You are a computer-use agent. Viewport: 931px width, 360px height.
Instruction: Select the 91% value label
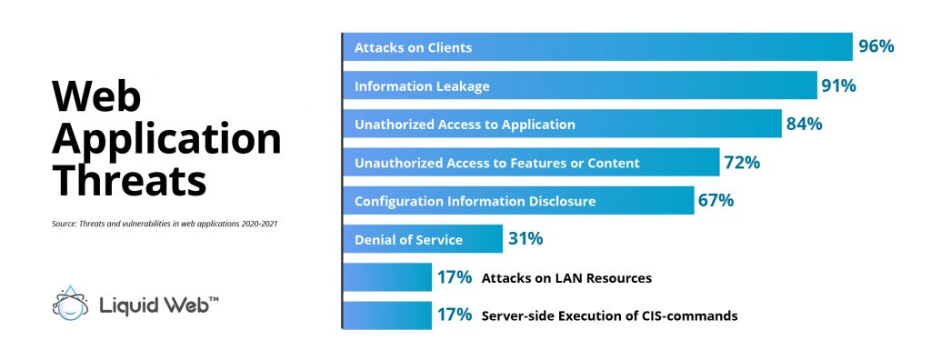click(838, 85)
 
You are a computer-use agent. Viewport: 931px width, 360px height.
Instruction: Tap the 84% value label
click(804, 124)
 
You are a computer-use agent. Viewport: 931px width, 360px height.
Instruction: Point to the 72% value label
click(741, 163)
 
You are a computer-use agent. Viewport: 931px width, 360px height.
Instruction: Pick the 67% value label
click(716, 201)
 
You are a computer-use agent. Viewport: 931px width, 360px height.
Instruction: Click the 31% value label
click(525, 239)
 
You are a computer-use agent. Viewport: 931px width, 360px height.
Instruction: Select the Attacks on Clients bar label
click(413, 47)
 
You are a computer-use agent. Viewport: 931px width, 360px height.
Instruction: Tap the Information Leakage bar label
click(422, 86)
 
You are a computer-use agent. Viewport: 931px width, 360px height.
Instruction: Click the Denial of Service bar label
click(408, 240)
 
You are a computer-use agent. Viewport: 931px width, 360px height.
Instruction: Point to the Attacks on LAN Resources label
click(566, 278)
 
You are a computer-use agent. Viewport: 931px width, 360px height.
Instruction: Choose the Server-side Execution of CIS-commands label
click(609, 316)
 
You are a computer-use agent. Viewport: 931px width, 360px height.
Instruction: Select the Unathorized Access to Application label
click(465, 125)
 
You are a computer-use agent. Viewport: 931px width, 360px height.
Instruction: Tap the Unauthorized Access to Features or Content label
click(496, 163)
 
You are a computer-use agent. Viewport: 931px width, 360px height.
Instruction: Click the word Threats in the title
click(127, 179)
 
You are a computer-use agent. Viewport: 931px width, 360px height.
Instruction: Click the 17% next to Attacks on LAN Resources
click(454, 277)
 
